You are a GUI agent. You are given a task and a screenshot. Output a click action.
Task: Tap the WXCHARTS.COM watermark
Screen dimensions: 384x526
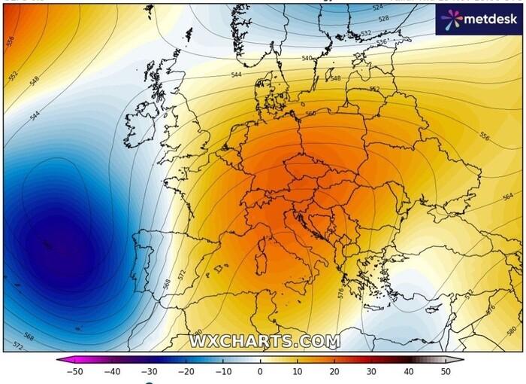(x=264, y=341)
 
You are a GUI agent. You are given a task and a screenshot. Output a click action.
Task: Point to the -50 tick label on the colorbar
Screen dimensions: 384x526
(x=74, y=371)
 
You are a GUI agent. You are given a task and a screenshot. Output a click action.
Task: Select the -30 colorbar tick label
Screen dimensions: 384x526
(x=149, y=371)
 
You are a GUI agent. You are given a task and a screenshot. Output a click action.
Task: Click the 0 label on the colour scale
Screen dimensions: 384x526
(x=260, y=371)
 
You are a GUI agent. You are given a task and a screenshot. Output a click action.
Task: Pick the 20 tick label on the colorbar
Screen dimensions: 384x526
(x=334, y=371)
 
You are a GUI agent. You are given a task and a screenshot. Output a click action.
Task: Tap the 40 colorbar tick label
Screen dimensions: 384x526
(x=408, y=371)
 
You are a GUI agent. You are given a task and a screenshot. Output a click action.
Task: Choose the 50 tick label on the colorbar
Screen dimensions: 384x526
(x=445, y=371)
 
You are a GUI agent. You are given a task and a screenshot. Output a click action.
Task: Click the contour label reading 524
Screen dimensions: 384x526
(x=377, y=8)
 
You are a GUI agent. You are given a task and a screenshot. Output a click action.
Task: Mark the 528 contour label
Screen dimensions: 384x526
(x=384, y=18)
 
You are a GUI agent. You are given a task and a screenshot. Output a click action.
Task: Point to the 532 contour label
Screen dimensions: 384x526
(x=365, y=33)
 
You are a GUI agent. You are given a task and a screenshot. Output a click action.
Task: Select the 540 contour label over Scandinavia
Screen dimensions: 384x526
(x=307, y=58)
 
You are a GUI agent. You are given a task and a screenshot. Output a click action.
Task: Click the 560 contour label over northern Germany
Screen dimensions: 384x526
(x=311, y=114)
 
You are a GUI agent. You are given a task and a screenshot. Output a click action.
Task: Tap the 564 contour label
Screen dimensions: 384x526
(x=508, y=196)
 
